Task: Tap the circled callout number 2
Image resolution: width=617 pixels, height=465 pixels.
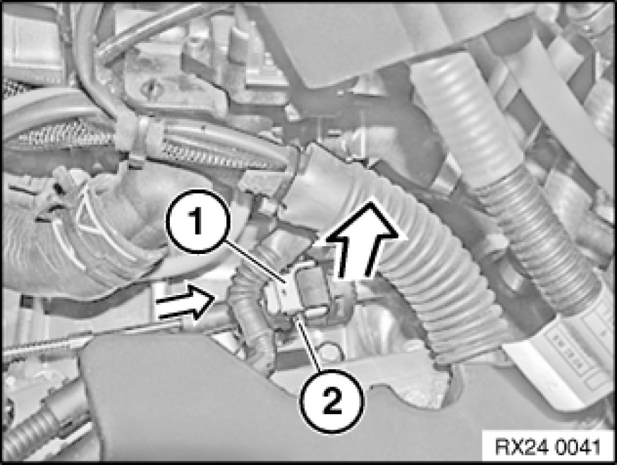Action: (x=331, y=401)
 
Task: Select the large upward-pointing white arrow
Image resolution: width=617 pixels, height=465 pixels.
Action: (x=361, y=241)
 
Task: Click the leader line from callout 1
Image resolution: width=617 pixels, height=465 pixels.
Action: (x=255, y=263)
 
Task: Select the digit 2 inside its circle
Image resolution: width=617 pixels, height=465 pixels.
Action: (x=331, y=401)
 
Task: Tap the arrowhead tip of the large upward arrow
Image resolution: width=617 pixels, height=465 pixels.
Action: (x=370, y=201)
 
